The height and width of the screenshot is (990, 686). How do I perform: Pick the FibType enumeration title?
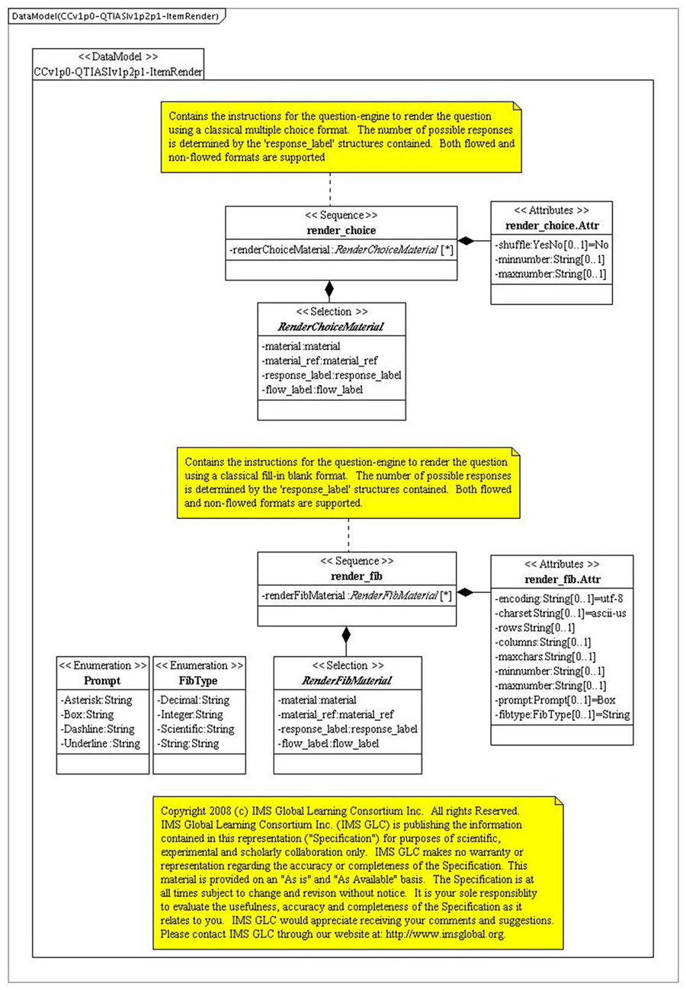coord(200,679)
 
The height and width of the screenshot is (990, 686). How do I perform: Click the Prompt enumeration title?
coord(103,679)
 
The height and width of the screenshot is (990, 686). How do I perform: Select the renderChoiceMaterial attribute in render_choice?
coord(339,248)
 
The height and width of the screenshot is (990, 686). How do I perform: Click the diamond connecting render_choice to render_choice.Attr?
coord(466,241)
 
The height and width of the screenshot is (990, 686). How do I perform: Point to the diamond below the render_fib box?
coord(346,634)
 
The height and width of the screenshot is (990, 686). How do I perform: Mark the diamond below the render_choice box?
coord(329,289)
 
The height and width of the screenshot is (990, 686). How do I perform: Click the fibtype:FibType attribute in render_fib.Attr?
coord(561,715)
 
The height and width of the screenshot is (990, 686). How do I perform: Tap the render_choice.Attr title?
coord(550,226)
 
